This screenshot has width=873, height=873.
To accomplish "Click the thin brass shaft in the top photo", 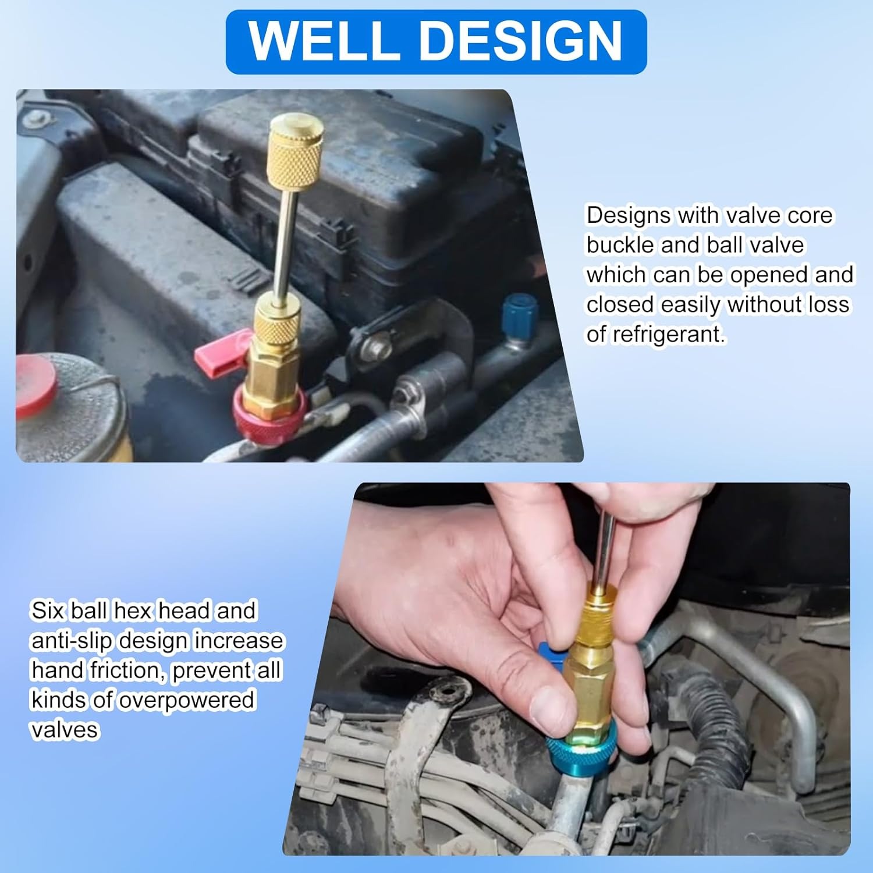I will click(x=287, y=244).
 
